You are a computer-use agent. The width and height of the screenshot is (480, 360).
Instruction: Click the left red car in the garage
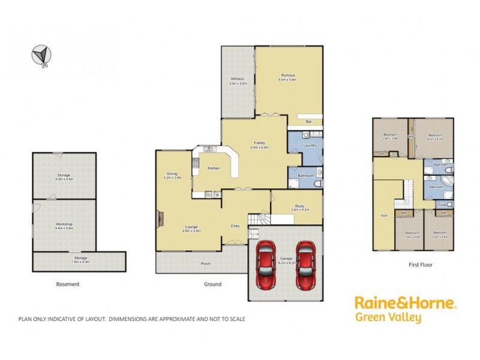(266, 264)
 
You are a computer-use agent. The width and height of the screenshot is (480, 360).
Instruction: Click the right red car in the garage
(305, 264)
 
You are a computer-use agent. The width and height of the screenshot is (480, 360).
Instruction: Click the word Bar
(309, 122)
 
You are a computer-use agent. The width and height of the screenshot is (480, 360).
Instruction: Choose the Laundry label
(310, 145)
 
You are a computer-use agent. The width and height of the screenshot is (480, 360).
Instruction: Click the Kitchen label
(214, 168)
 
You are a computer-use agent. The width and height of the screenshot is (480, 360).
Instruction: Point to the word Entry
(236, 226)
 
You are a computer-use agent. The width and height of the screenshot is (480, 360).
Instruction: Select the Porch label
(206, 263)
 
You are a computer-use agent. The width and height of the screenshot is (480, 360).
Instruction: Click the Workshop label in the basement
(64, 224)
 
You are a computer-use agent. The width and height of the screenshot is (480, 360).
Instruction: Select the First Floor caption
(420, 264)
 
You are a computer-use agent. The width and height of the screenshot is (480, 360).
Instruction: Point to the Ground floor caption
(212, 284)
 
